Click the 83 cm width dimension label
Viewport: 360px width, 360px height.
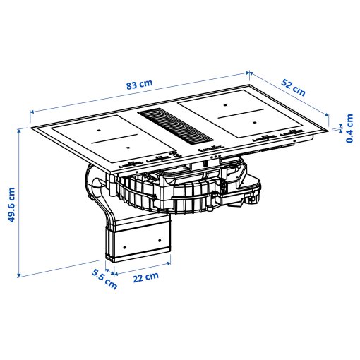139,85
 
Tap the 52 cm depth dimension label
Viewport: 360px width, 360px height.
294,88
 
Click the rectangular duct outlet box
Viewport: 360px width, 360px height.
139,238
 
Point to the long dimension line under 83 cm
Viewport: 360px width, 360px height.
141,91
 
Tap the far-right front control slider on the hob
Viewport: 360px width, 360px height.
289,134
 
